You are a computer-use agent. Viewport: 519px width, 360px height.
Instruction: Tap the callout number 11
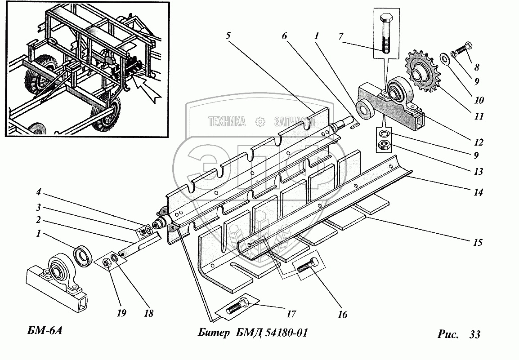[x=479, y=116]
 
